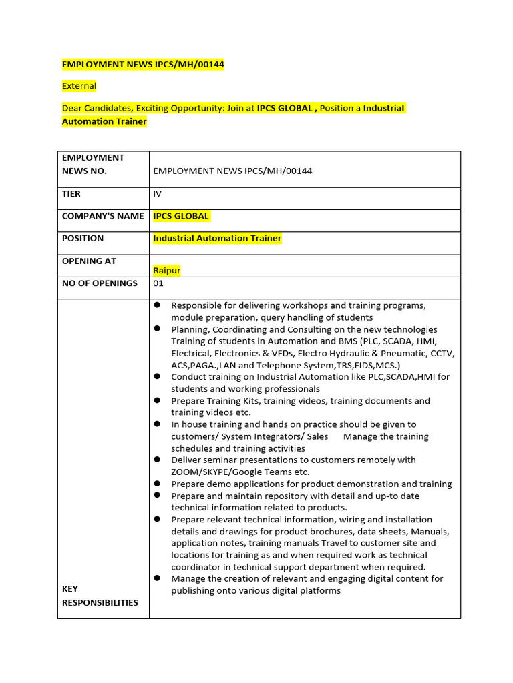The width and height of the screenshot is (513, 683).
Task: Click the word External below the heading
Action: [x=79, y=86]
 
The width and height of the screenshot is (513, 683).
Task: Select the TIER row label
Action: [x=71, y=194]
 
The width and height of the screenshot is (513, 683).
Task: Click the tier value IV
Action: [x=158, y=194]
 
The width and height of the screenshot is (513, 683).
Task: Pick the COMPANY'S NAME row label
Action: [x=103, y=216]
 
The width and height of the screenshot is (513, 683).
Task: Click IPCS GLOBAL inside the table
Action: [x=181, y=216]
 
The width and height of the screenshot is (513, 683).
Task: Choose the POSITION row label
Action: [x=83, y=238]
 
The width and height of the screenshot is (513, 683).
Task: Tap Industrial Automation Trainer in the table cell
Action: [x=217, y=238]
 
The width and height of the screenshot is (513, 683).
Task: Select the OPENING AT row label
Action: [x=89, y=261]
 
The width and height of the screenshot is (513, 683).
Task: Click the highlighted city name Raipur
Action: [x=167, y=271]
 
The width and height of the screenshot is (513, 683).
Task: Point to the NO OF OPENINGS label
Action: [x=100, y=283]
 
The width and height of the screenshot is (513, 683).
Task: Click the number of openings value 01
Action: [x=158, y=283]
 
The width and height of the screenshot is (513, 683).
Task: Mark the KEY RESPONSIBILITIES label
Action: [x=100, y=596]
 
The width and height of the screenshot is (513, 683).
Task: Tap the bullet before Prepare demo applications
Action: [x=157, y=483]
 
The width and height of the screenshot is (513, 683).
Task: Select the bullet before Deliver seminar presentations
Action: [x=157, y=459]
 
